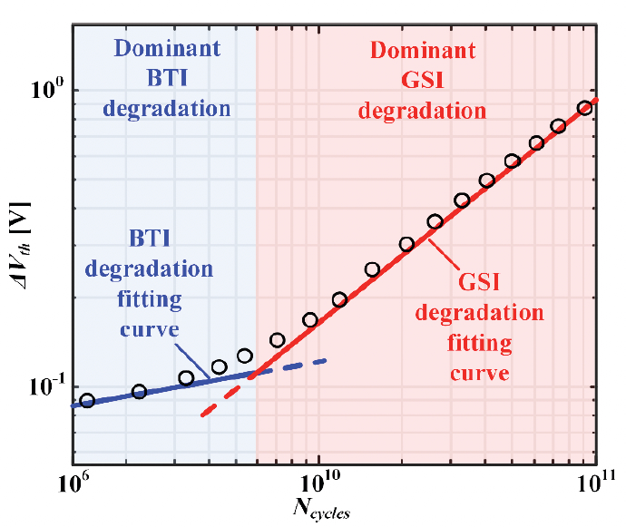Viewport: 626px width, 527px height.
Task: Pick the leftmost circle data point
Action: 87,400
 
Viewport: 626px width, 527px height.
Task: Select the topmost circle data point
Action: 585,108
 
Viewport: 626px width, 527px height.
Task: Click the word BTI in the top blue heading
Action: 167,78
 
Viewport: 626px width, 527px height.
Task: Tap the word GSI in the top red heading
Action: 423,80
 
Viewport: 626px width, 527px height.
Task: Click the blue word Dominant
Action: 167,48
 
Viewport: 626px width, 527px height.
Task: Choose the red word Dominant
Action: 423,50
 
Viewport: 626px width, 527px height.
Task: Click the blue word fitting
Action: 150,299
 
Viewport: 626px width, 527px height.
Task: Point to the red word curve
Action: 480,374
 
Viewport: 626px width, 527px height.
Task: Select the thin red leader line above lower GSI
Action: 444,255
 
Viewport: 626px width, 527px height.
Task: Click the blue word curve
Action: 150,330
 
